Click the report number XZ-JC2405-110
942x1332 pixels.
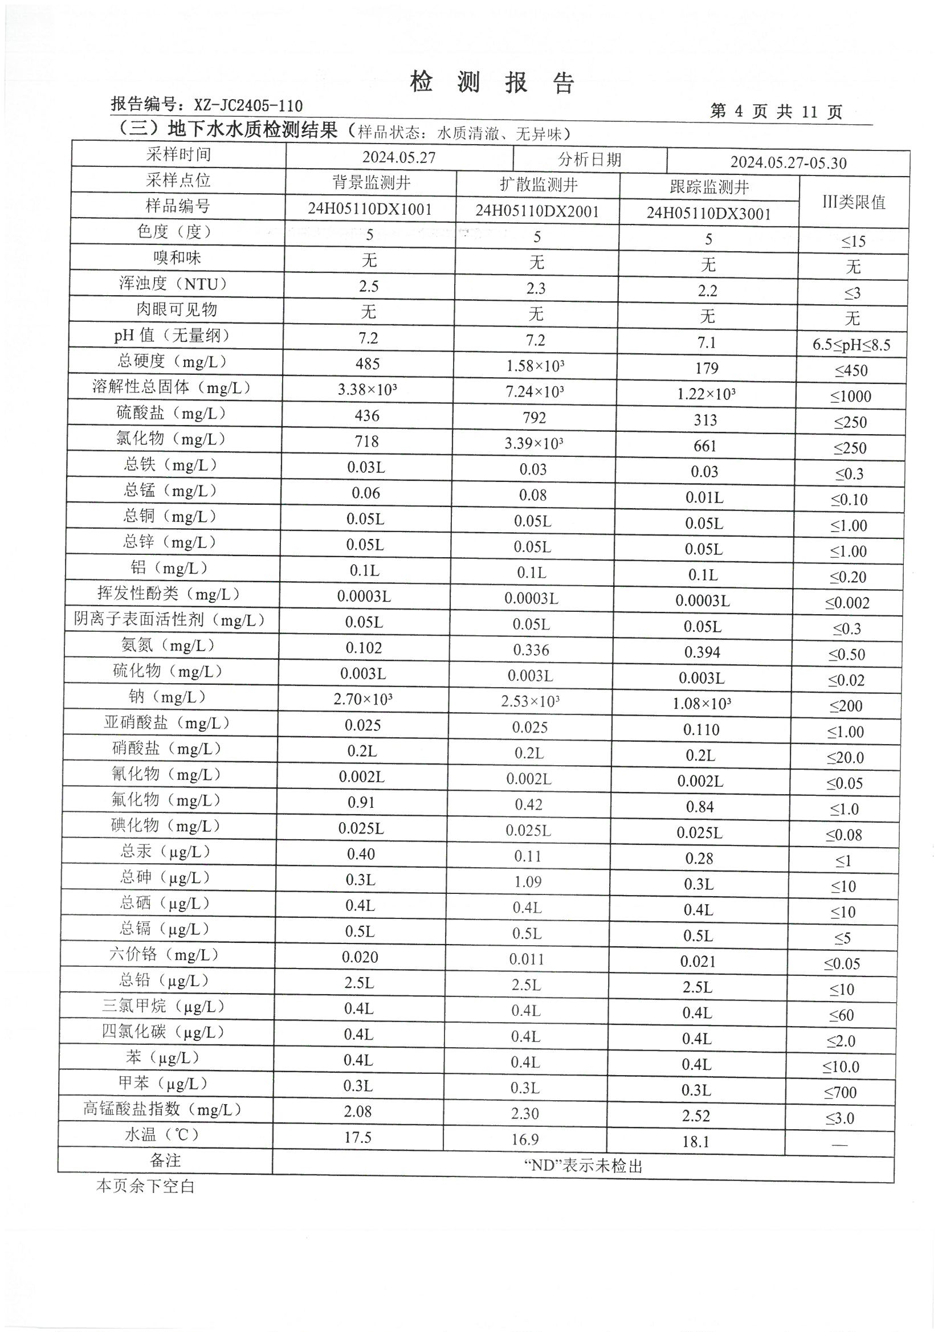248,105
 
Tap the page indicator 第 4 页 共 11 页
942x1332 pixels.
776,112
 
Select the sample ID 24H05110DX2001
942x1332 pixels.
537,211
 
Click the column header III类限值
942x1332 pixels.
853,202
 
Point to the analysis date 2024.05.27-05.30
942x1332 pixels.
788,162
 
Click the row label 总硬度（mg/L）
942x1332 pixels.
172,361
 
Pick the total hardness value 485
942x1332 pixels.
368,363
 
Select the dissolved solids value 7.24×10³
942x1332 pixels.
535,391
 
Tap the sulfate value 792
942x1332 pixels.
534,418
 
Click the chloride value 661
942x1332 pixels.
704,446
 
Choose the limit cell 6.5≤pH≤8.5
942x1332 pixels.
851,345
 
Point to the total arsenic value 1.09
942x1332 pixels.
528,882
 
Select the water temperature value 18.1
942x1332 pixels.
695,1142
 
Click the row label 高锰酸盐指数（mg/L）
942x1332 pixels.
162,1109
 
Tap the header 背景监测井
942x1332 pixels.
371,183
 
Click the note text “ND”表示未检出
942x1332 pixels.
583,1166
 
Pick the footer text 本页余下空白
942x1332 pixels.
145,1186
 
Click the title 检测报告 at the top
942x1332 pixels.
492,83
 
